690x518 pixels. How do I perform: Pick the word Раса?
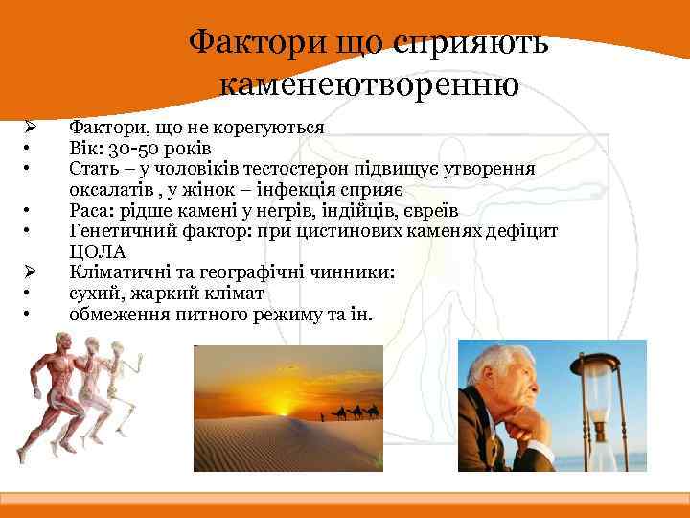pyautogui.click(x=91, y=210)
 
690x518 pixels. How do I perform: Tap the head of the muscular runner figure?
pyautogui.click(x=64, y=341)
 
